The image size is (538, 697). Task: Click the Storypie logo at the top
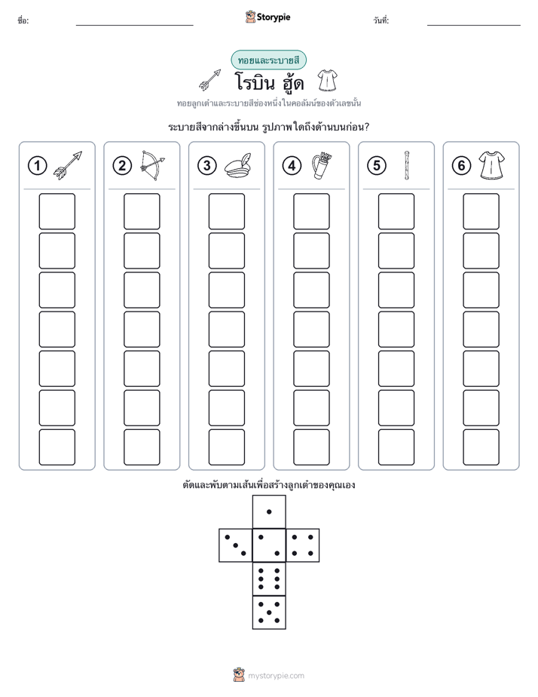pyautogui.click(x=267, y=17)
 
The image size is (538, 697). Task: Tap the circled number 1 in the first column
pyautogui.click(x=37, y=166)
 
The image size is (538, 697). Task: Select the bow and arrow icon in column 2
pyautogui.click(x=152, y=165)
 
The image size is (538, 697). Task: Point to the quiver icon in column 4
pyautogui.click(x=322, y=165)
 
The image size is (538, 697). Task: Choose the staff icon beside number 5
pyautogui.click(x=407, y=165)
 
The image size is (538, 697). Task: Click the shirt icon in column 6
pyautogui.click(x=492, y=165)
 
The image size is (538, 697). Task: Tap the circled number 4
pyautogui.click(x=292, y=166)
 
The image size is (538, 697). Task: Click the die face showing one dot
pyautogui.click(x=269, y=512)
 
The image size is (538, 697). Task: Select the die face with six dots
pyautogui.click(x=269, y=579)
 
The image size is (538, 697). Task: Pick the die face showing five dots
pyautogui.click(x=269, y=612)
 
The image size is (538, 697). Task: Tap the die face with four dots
pyautogui.click(x=302, y=545)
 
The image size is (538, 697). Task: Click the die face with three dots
pyautogui.click(x=236, y=545)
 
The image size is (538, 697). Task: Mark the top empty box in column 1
pyautogui.click(x=57, y=211)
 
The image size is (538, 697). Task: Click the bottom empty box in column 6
pyautogui.click(x=481, y=447)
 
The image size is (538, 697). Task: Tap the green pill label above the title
pyautogui.click(x=268, y=60)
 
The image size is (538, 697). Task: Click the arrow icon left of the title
pyautogui.click(x=210, y=80)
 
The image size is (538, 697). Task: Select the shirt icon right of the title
pyautogui.click(x=328, y=81)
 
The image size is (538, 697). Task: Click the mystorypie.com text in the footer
pyautogui.click(x=276, y=676)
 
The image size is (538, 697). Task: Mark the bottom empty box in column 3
pyautogui.click(x=226, y=447)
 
